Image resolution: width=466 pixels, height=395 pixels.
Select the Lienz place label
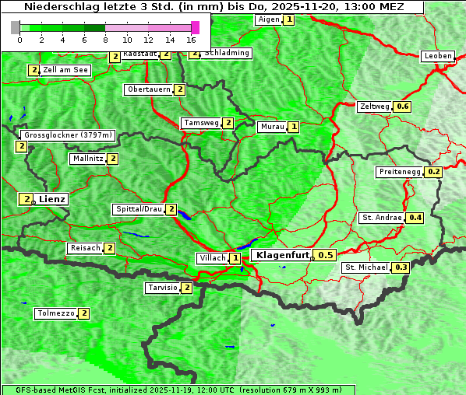coord(53,200)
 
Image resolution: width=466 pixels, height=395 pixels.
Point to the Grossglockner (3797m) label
coord(69,135)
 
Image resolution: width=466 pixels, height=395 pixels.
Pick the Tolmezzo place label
coord(55,314)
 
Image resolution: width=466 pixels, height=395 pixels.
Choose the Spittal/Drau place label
coord(139,209)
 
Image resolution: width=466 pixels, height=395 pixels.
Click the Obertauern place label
coord(149,89)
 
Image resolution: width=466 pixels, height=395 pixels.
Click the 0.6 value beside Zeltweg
coord(402,107)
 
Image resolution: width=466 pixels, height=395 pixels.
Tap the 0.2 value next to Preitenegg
coord(434,172)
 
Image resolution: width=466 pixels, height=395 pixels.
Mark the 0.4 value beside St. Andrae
coord(415,218)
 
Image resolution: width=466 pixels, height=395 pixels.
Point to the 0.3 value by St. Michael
coord(401,267)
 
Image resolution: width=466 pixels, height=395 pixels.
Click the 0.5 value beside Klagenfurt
coord(326,255)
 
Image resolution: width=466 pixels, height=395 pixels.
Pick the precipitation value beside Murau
coord(294,126)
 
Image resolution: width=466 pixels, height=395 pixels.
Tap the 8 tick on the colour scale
coord(105,39)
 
